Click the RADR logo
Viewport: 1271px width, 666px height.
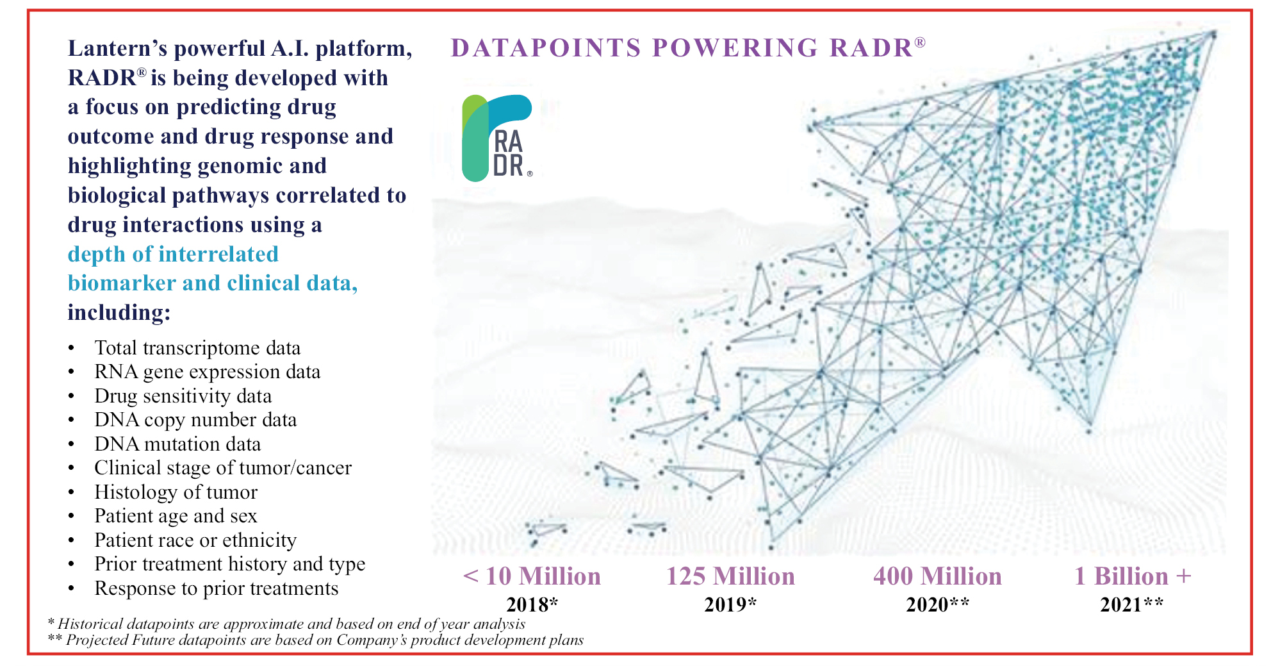click(x=497, y=138)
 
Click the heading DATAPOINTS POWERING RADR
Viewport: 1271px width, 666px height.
click(x=688, y=47)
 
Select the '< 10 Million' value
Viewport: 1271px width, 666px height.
click(x=532, y=576)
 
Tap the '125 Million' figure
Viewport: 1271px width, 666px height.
click(x=730, y=576)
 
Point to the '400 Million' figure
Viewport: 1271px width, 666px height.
click(x=937, y=576)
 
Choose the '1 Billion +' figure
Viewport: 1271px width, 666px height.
click(x=1133, y=576)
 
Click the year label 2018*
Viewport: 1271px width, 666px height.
click(x=532, y=604)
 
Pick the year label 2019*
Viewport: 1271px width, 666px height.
click(x=730, y=604)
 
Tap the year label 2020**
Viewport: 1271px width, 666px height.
click(x=937, y=604)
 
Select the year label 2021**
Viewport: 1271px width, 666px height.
click(x=1132, y=604)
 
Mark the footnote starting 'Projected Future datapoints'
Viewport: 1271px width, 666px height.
click(x=316, y=640)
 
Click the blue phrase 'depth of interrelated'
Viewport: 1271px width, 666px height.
click(x=173, y=254)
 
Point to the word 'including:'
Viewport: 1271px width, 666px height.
click(x=119, y=312)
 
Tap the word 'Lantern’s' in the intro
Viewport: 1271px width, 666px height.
click(x=118, y=48)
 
